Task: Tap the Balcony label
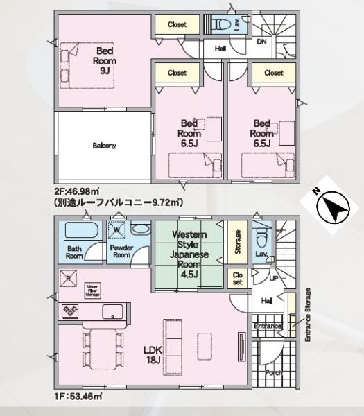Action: click(105, 146)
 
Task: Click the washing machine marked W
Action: click(117, 229)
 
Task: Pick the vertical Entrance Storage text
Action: click(308, 314)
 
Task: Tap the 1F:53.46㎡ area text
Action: click(78, 396)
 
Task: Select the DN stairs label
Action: click(261, 42)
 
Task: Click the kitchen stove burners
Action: click(71, 311)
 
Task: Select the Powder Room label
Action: click(121, 251)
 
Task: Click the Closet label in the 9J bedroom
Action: click(177, 25)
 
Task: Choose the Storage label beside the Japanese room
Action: click(237, 241)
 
